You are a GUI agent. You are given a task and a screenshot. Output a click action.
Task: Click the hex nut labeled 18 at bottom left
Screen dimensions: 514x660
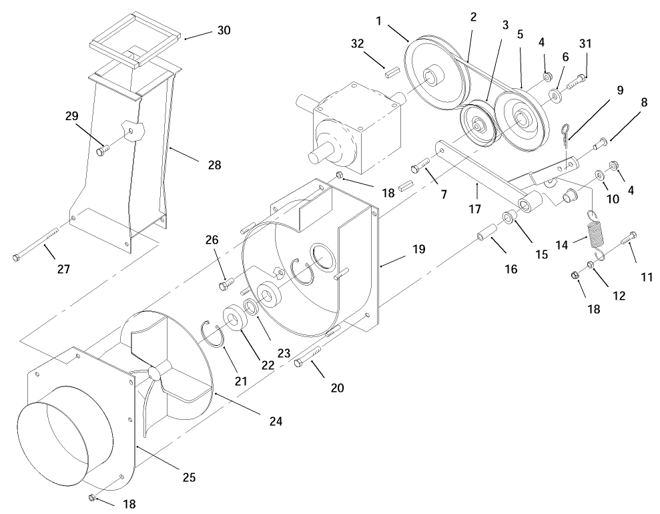pyautogui.click(x=93, y=497)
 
